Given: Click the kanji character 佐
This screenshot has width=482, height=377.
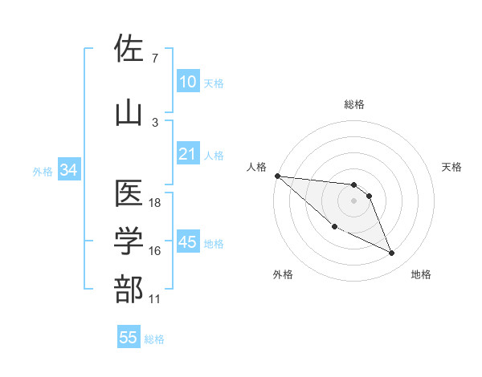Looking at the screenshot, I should (x=129, y=49).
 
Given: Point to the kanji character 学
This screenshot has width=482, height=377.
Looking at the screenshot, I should (x=129, y=241).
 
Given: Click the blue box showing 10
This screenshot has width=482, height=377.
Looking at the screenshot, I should (x=187, y=82).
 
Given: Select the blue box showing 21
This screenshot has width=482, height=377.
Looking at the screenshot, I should (x=187, y=154).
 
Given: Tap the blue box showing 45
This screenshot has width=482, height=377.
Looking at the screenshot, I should (x=187, y=242).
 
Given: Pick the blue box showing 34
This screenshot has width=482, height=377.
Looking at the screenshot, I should (x=68, y=170).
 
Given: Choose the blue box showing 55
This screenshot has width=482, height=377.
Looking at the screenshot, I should (x=129, y=338).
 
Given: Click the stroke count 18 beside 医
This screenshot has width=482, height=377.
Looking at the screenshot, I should (x=155, y=203).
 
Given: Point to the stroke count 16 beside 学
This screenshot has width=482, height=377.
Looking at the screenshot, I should (x=155, y=251).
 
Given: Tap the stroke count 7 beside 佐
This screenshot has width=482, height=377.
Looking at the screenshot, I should (x=154, y=59).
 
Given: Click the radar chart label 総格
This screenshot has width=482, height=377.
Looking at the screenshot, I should (x=353, y=104).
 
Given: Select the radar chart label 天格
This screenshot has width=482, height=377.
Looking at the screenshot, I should (x=451, y=167).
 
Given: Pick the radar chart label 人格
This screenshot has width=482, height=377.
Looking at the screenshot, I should (x=256, y=167).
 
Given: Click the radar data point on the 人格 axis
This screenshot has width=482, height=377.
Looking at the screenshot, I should (x=277, y=175).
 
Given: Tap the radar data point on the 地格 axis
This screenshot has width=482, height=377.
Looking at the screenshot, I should (x=392, y=253).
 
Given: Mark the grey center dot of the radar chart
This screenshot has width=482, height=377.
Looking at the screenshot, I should (x=353, y=201).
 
